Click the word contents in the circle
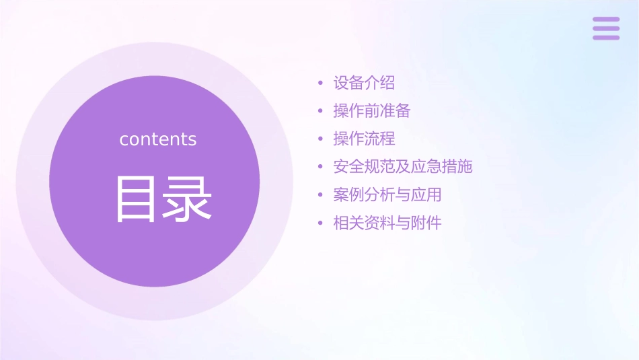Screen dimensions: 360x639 pyautogui.click(x=158, y=139)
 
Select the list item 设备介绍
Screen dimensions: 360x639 pyautogui.click(x=364, y=83)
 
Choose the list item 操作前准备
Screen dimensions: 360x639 pyautogui.click(x=372, y=111)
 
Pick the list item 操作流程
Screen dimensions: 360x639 pyautogui.click(x=364, y=139)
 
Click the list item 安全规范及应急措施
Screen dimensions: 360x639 pyautogui.click(x=403, y=166)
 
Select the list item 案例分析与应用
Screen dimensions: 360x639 pyautogui.click(x=387, y=194)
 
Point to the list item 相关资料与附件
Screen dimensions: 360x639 pyautogui.click(x=387, y=223)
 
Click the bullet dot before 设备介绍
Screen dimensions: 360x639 pyautogui.click(x=321, y=83)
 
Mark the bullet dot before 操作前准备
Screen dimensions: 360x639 pyautogui.click(x=321, y=111)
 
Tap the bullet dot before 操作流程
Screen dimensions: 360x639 pyautogui.click(x=321, y=139)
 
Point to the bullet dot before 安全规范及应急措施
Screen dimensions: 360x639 pyautogui.click(x=321, y=167)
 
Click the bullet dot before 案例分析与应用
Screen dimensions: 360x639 pyautogui.click(x=321, y=195)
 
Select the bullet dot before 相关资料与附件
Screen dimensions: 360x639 pyautogui.click(x=321, y=223)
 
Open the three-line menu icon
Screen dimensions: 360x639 pyautogui.click(x=606, y=28)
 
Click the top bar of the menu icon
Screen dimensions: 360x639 pyautogui.click(x=606, y=20)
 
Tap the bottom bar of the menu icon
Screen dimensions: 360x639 pyautogui.click(x=606, y=37)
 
